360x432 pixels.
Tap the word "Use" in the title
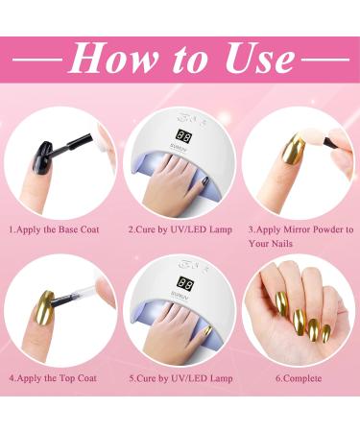point(260,59)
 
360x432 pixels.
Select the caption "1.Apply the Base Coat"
point(54,229)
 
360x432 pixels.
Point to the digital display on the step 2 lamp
point(184,137)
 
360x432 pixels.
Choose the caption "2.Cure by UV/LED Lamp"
point(180,229)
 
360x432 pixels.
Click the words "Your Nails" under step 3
point(271,244)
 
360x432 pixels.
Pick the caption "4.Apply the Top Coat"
point(53,378)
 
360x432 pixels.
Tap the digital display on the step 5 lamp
point(185,283)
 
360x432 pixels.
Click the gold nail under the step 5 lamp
point(207,330)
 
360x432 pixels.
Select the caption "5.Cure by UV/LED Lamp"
point(180,378)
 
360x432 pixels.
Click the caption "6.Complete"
point(299,378)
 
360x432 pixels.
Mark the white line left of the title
point(37,60)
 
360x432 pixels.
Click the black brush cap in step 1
point(80,140)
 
